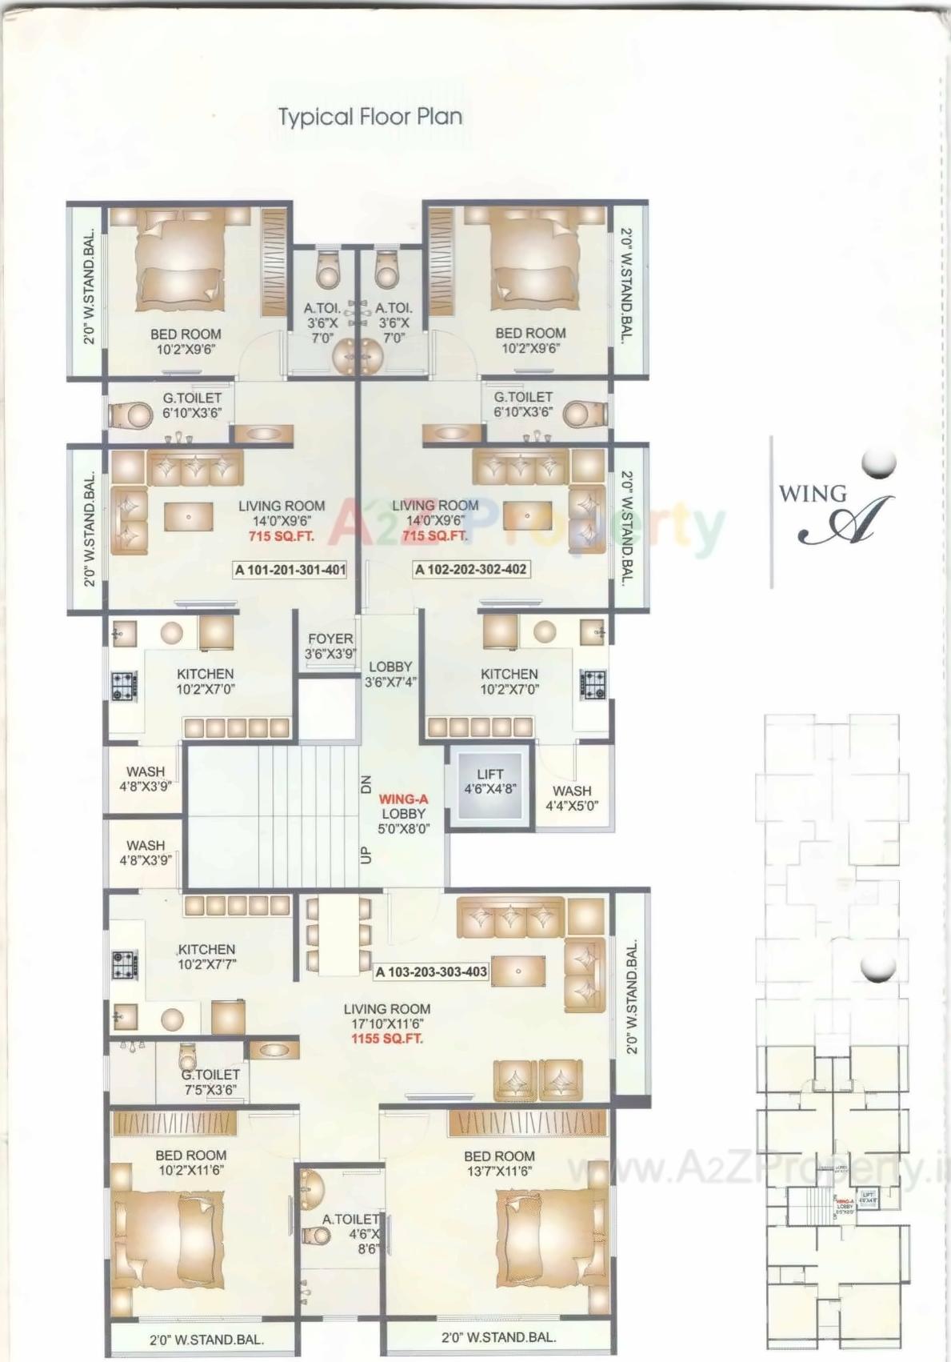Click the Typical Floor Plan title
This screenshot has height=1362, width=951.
[x=370, y=117]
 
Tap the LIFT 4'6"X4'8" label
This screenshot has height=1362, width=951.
[x=490, y=781]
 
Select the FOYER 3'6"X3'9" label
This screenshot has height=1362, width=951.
[x=330, y=646]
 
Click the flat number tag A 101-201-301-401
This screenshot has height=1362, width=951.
[x=290, y=570]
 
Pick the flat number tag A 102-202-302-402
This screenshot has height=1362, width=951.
[x=470, y=570]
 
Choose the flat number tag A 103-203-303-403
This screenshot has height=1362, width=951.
[x=431, y=971]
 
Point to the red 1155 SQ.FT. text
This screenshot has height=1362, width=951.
[x=387, y=1039]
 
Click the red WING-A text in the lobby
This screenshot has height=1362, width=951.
[x=403, y=799]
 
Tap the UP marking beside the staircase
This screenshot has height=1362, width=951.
[x=366, y=855]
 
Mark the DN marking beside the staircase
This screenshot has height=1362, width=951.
[x=366, y=784]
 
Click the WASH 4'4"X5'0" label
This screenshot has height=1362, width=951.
[x=572, y=798]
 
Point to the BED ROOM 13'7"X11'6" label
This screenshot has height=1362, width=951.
[x=499, y=1164]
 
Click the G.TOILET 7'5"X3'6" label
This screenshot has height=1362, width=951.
[x=210, y=1082]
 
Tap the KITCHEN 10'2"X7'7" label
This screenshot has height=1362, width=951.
[x=206, y=956]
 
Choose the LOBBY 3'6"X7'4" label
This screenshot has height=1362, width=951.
[x=390, y=675]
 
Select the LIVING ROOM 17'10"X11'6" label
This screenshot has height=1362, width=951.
[x=387, y=1016]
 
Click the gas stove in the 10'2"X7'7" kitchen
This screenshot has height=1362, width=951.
[x=123, y=963]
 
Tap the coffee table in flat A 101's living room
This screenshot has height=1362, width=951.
[x=189, y=516]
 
